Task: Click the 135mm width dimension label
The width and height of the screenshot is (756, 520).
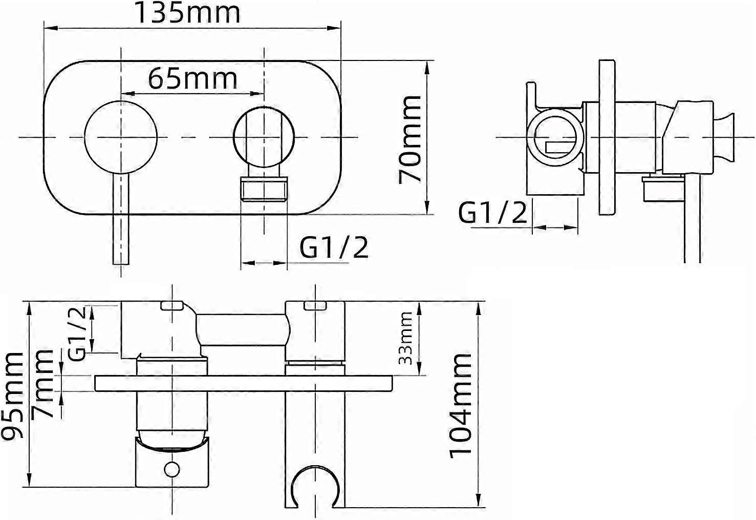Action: click(188, 12)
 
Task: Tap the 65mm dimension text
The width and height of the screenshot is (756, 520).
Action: click(193, 79)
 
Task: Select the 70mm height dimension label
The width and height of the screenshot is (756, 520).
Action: click(410, 139)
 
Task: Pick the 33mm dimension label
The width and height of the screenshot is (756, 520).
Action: click(405, 338)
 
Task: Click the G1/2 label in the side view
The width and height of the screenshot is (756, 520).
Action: click(492, 213)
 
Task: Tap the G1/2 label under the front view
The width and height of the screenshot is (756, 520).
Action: click(334, 247)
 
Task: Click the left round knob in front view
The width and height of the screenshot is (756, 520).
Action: click(120, 137)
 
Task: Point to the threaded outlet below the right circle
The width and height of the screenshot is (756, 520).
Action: click(264, 189)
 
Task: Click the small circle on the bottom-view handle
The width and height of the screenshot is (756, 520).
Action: click(172, 469)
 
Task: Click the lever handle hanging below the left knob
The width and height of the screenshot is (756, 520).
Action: click(120, 219)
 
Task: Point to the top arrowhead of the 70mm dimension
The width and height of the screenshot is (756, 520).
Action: click(426, 67)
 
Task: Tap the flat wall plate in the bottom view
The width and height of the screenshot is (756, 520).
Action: click(244, 384)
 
